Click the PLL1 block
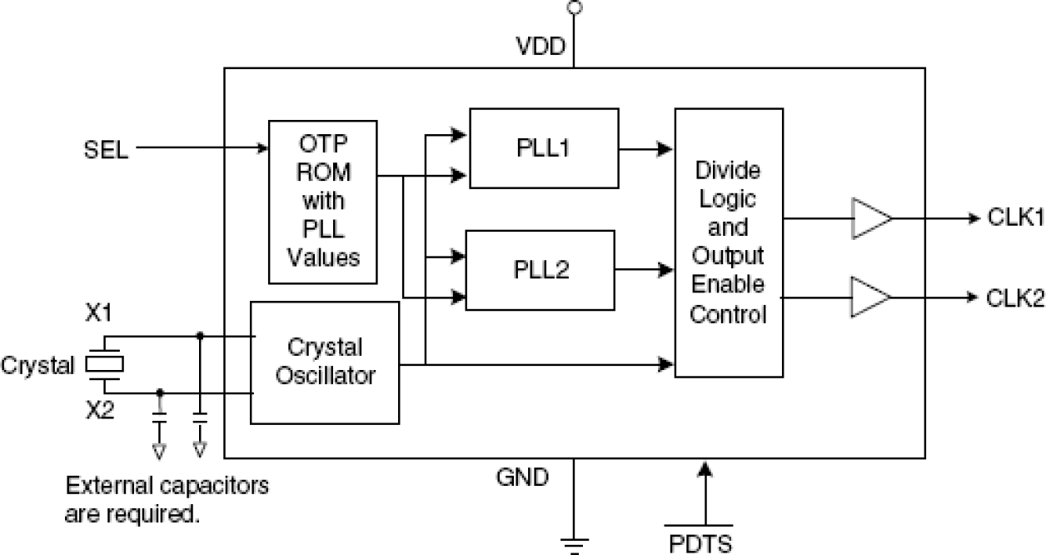click(544, 148)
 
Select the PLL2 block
click(539, 269)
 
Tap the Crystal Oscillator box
click(325, 362)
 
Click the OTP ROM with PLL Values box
click(323, 201)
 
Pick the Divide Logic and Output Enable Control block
click(729, 242)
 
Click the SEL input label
click(106, 150)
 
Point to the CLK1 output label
click(1014, 218)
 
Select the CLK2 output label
click(1014, 297)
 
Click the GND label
click(522, 477)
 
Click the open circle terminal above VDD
click(573, 7)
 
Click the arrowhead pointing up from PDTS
click(705, 472)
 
